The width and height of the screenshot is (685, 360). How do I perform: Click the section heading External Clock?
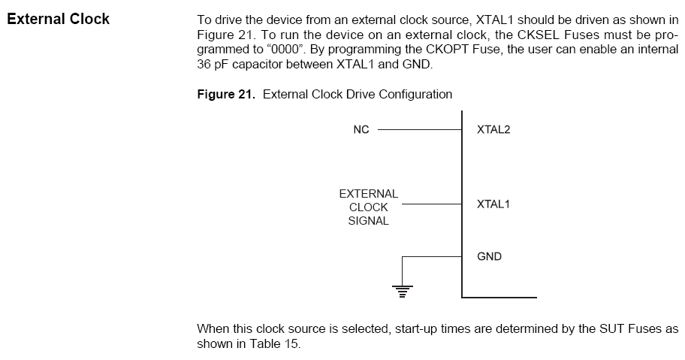click(x=58, y=20)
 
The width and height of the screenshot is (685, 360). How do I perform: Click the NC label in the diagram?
click(x=361, y=130)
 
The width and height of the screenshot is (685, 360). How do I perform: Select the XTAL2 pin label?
click(x=493, y=130)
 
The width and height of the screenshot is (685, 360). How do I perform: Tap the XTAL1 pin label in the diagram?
click(x=493, y=204)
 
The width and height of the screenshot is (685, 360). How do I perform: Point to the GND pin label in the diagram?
click(x=489, y=256)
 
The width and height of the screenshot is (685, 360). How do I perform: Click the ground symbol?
click(x=403, y=291)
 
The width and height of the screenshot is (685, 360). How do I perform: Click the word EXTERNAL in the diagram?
click(x=369, y=194)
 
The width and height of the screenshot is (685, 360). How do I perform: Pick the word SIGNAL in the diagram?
click(x=368, y=221)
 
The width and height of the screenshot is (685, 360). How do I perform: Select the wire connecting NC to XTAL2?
click(x=419, y=130)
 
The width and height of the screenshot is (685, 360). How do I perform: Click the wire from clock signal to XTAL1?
click(x=432, y=204)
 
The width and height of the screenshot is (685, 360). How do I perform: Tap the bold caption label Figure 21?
click(x=226, y=95)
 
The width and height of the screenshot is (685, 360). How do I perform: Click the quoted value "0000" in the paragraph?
click(x=285, y=50)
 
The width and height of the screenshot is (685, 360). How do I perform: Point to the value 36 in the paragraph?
click(x=204, y=64)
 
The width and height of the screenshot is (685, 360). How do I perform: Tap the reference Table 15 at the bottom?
click(x=274, y=343)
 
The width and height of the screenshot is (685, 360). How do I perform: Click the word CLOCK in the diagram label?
click(x=369, y=207)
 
